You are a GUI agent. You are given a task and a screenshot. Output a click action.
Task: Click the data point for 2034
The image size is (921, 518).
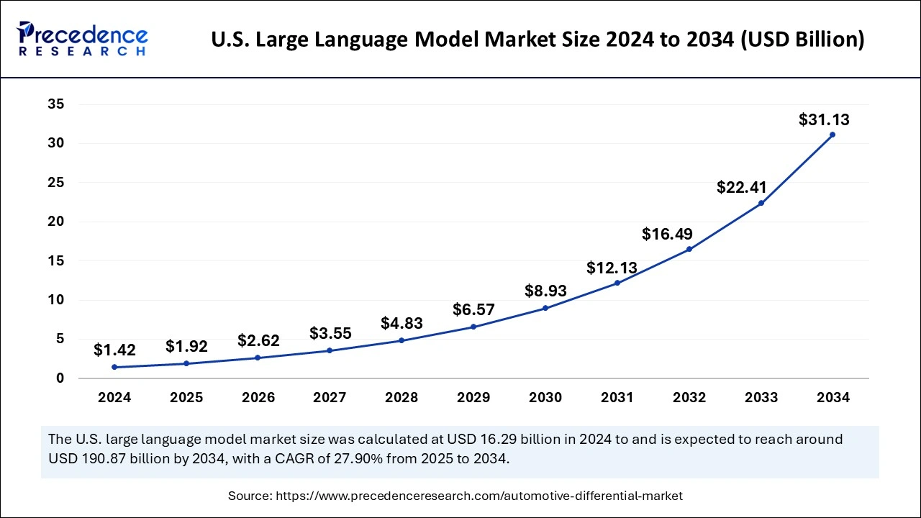click(832, 135)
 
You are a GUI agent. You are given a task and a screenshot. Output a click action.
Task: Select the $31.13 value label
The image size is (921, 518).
click(824, 120)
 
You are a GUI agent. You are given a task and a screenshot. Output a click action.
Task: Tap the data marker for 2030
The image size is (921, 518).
click(545, 308)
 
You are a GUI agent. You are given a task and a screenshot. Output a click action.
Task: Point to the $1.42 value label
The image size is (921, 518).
click(114, 350)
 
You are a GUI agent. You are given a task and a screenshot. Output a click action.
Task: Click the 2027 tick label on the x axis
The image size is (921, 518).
click(330, 397)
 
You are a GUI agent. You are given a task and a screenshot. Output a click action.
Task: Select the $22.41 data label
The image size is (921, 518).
click(742, 188)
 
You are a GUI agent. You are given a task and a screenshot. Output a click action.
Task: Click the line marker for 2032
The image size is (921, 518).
click(689, 249)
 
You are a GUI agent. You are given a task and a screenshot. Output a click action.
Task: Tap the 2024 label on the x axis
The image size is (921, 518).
click(114, 397)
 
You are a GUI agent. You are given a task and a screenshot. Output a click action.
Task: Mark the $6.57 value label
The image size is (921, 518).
click(473, 309)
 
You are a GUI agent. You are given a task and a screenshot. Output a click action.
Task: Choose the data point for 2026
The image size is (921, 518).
click(258, 358)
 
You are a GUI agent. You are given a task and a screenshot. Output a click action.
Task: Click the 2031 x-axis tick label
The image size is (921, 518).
click(617, 397)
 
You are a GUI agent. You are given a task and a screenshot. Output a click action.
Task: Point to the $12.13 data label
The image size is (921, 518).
click(612, 268)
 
